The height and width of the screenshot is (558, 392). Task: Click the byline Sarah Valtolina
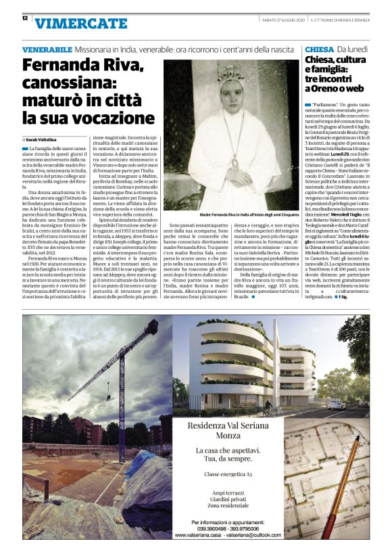[46, 139]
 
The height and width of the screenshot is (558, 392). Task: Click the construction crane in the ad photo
[108, 365]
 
